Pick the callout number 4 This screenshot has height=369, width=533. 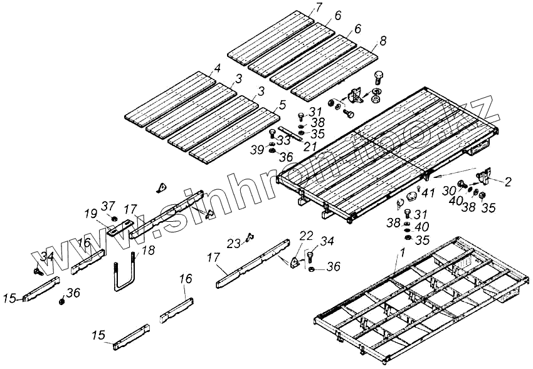(x=217, y=68)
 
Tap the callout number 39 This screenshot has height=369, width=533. (x=256, y=150)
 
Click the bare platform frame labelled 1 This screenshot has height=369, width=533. (x=414, y=294)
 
